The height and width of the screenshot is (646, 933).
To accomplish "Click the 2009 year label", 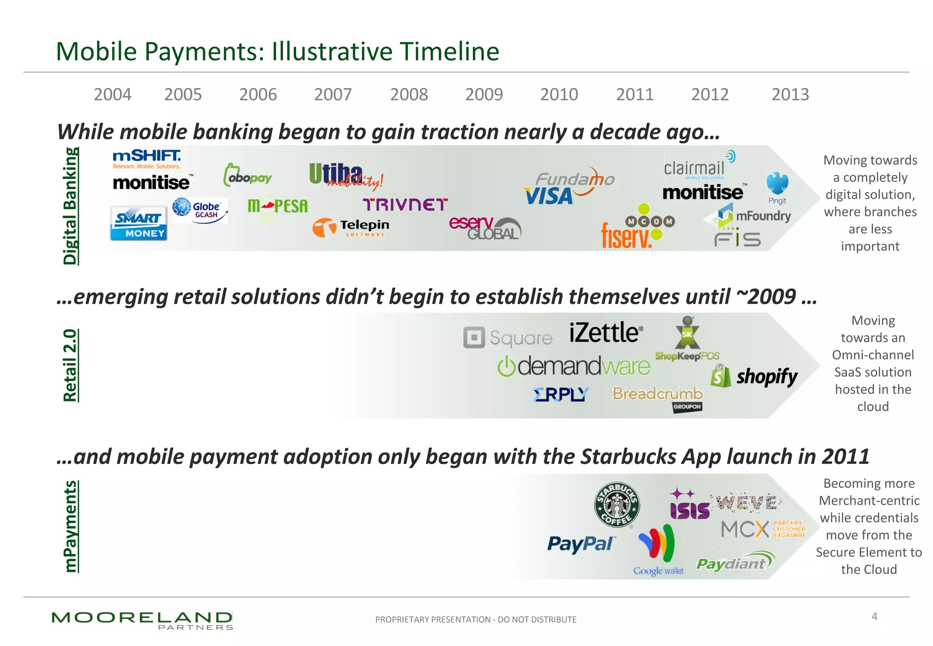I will coord(484,94).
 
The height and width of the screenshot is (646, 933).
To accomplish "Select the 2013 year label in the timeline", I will coord(790,94).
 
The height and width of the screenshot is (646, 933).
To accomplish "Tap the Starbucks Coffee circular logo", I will coord(617,505).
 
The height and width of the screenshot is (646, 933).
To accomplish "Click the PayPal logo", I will coord(581,543).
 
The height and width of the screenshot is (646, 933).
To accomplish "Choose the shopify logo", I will coord(754,377).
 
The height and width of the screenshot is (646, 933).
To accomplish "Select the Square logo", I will coord(508,338).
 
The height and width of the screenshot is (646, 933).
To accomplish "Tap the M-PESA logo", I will coord(277,206).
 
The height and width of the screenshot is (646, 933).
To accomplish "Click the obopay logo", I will coord(247,176).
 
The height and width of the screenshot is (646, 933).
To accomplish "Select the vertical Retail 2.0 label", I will coord(70,365).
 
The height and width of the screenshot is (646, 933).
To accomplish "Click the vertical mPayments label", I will coord(70,526).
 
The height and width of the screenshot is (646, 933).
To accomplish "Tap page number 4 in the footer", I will coord(874,616).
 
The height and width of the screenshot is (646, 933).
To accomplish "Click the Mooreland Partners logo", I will coord(142,620).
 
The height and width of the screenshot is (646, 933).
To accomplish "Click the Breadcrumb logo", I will coord(658,394).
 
